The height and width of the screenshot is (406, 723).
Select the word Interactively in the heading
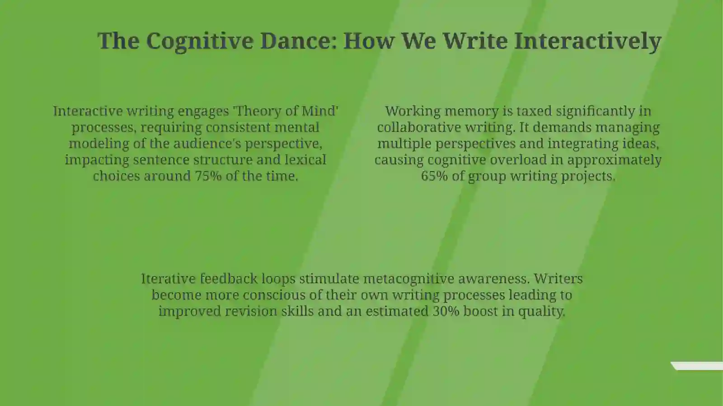tap(588, 41)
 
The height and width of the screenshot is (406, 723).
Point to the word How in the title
tap(369, 41)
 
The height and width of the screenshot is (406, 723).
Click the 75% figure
tap(208, 176)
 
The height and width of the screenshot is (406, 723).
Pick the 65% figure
tap(434, 176)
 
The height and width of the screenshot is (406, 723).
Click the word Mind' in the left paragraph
tap(320, 111)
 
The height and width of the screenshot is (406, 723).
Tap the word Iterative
tap(169, 279)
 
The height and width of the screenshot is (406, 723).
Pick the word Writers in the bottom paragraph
tap(558, 279)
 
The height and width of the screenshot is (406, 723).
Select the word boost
tap(481, 311)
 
